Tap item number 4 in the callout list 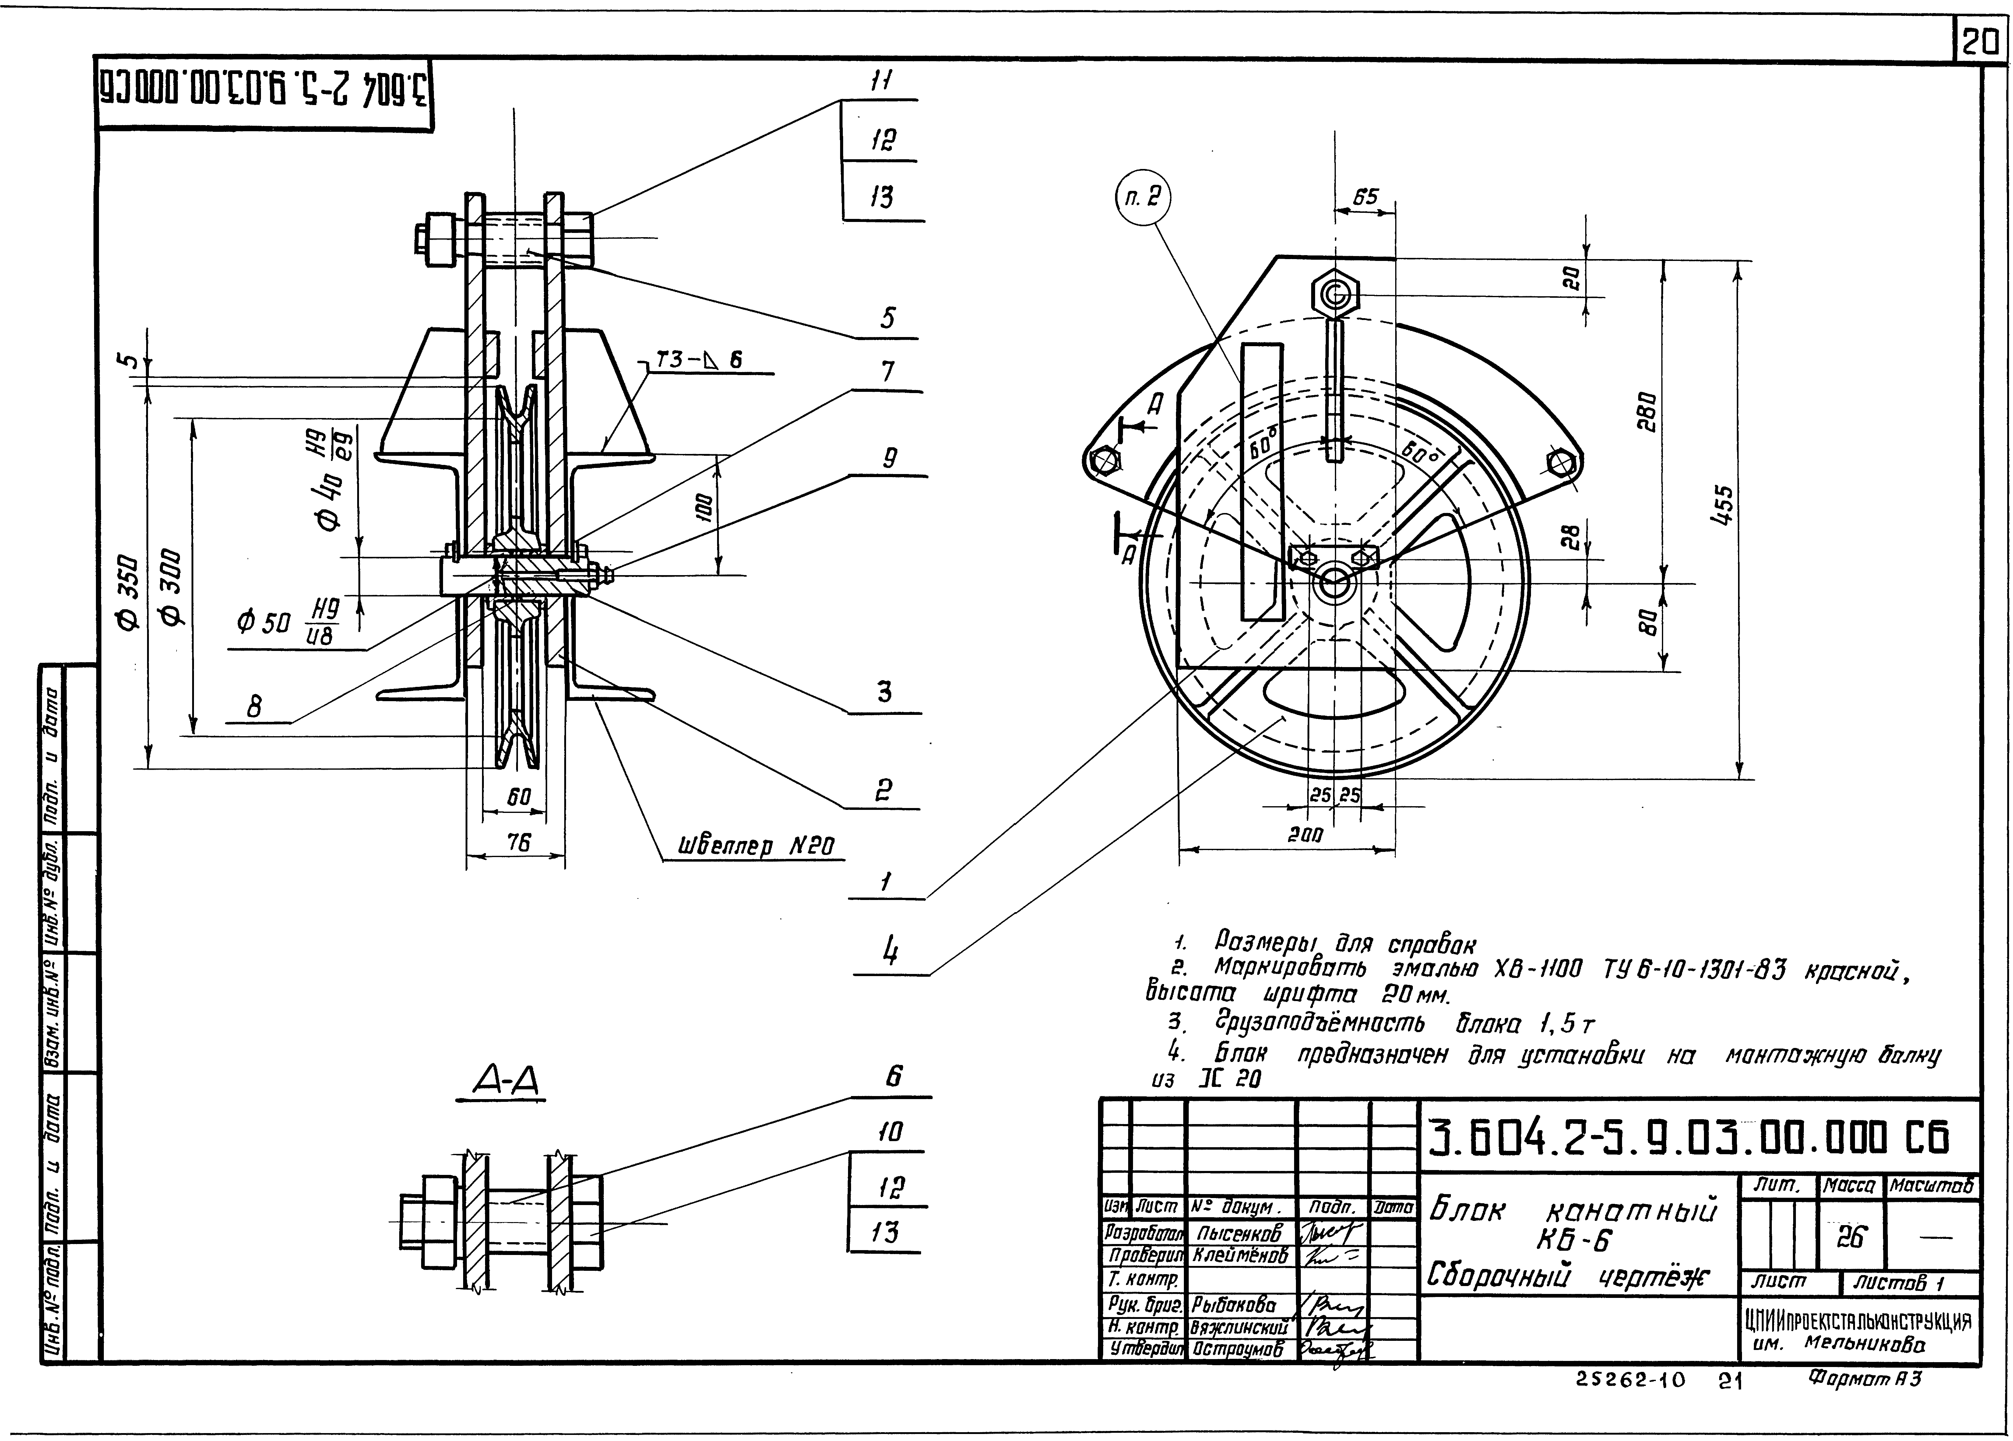(889, 952)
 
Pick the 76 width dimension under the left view (517, 842)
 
